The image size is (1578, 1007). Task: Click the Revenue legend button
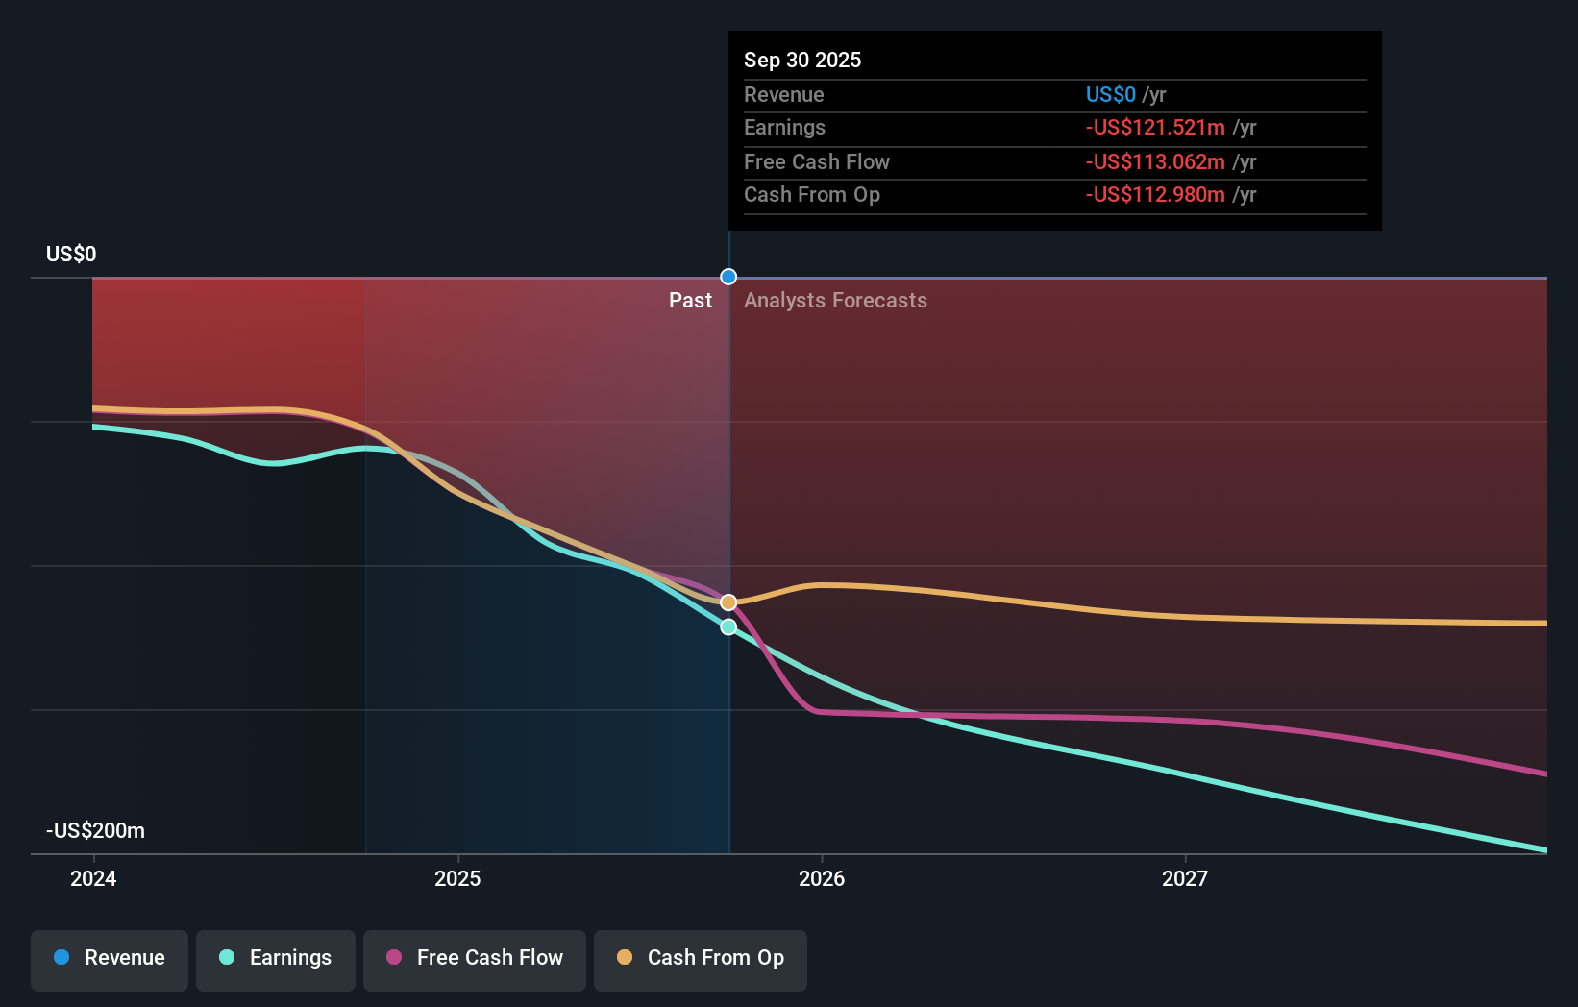tap(110, 958)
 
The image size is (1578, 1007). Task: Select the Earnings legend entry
tap(276, 958)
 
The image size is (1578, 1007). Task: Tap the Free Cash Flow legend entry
tap(475, 958)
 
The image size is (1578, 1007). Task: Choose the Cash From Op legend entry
tap(701, 958)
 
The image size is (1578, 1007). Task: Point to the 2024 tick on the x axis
tap(93, 878)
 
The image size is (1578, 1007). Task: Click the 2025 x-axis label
tap(457, 878)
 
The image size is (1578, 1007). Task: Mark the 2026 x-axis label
tap(822, 878)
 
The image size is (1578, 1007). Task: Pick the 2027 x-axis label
tap(1185, 878)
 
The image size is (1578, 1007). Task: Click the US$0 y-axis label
tap(71, 254)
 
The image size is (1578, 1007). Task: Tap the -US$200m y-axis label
tap(95, 830)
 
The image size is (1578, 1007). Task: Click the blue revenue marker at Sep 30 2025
tap(728, 277)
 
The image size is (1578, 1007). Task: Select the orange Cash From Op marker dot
tap(728, 602)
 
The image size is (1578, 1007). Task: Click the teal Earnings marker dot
tap(728, 626)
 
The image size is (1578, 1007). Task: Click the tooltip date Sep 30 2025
tap(802, 60)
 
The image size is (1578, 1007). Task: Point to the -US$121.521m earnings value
tap(1155, 128)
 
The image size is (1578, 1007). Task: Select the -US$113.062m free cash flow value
tap(1155, 161)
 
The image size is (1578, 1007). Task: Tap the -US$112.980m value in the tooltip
tap(1155, 195)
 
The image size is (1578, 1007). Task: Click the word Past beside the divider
tap(690, 301)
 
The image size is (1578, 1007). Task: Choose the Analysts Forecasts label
tap(835, 301)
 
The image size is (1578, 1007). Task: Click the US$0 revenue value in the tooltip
tap(1110, 95)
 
